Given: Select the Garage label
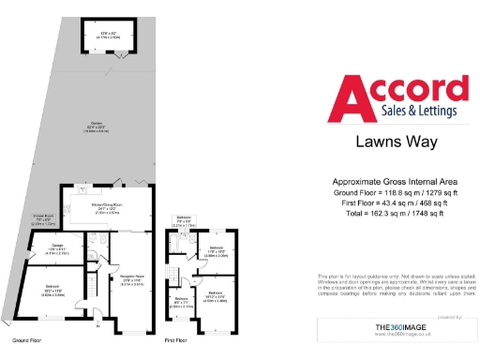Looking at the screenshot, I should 57,247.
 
